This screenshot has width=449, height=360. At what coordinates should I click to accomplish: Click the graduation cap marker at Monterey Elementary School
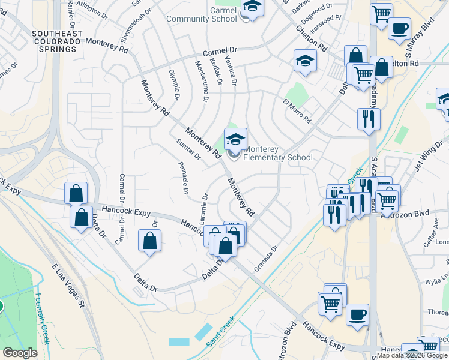(x=235, y=140)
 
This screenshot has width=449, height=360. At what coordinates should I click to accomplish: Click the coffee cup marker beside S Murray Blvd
(x=399, y=29)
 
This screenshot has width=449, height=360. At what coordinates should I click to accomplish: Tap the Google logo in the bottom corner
(x=20, y=353)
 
